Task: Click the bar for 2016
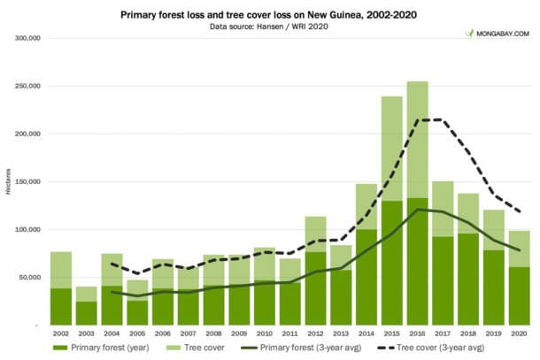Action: (x=419, y=203)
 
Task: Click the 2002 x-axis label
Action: (x=61, y=334)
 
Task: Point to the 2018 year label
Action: (x=470, y=334)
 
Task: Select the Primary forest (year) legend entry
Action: (x=104, y=349)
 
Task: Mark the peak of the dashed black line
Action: (x=431, y=119)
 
